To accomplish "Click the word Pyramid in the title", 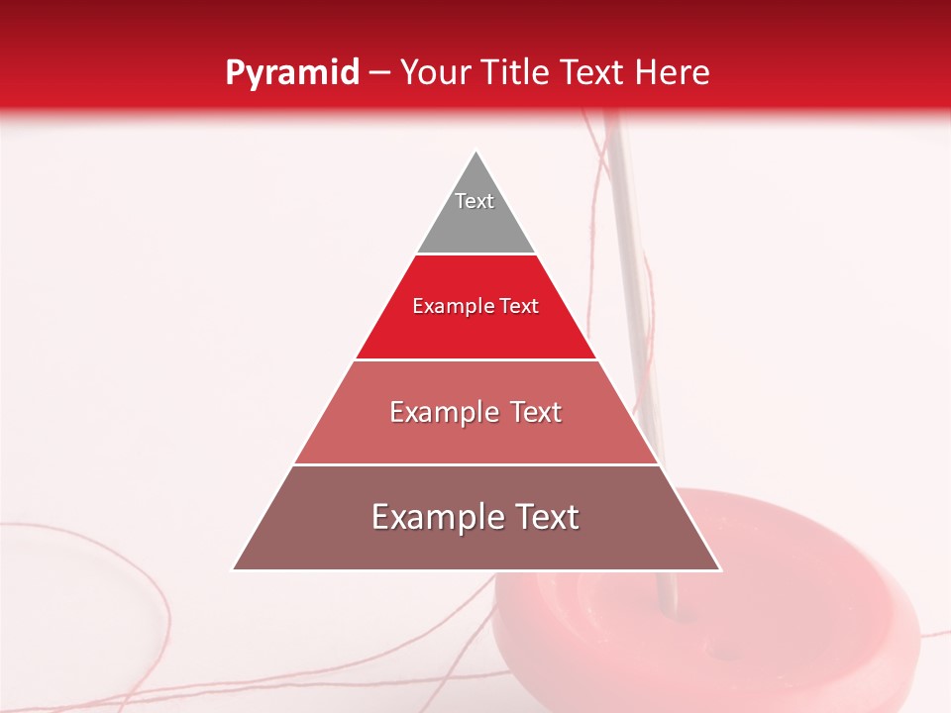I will [291, 73].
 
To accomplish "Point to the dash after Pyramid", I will [379, 73].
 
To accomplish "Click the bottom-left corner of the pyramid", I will [235, 569].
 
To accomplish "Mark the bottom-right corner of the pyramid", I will [719, 569].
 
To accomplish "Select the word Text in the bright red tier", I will [519, 307].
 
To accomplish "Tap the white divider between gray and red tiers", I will [475, 255].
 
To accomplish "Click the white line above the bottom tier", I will [475, 464].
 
